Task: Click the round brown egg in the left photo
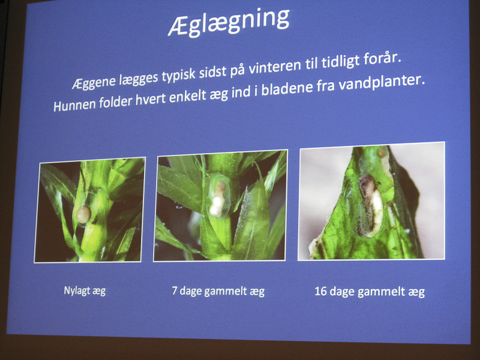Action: click(83, 214)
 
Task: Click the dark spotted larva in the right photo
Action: click(370, 205)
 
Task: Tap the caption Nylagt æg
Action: click(85, 290)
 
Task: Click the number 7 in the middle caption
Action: click(175, 290)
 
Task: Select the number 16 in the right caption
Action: click(320, 291)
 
